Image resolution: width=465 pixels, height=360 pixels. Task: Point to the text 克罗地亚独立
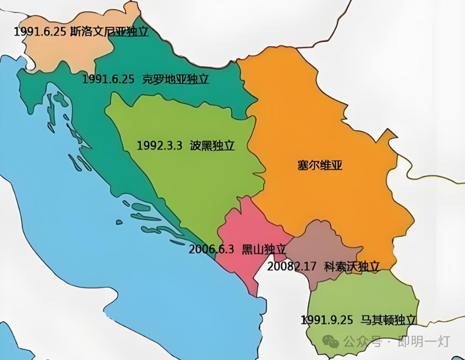(175, 79)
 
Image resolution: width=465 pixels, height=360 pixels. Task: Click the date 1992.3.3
(160, 146)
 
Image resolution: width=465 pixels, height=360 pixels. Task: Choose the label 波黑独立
(212, 146)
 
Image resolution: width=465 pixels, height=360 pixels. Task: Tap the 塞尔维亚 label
(320, 165)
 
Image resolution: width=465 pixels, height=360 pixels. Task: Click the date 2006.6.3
(211, 249)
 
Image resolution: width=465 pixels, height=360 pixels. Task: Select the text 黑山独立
(263, 249)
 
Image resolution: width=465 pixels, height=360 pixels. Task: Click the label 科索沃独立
(352, 266)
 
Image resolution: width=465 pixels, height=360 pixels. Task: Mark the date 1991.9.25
(327, 319)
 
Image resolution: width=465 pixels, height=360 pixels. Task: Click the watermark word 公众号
(360, 342)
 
